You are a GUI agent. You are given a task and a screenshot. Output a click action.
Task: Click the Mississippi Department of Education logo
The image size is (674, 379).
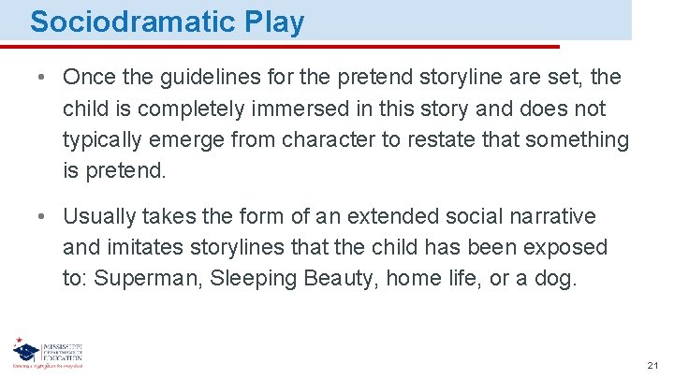(x=47, y=355)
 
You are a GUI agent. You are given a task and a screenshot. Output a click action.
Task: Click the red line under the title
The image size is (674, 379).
(x=281, y=45)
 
